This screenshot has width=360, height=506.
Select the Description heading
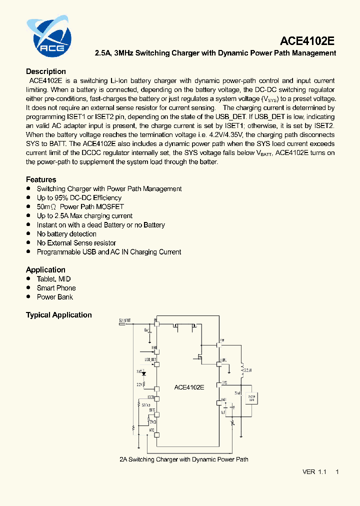click(x=46, y=71)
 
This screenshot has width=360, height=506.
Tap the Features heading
click(x=41, y=179)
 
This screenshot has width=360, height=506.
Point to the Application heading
click(x=45, y=270)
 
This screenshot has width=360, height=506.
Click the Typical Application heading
click(x=59, y=315)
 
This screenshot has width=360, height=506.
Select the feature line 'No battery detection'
click(x=66, y=234)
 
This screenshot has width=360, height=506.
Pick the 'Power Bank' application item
click(x=55, y=297)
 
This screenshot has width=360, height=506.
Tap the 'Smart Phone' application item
click(x=56, y=288)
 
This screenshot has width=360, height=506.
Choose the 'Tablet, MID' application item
click(x=54, y=279)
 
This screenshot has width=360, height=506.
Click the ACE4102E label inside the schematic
click(x=189, y=387)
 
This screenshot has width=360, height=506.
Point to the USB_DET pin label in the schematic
click(x=150, y=359)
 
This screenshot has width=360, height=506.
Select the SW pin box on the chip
click(x=219, y=344)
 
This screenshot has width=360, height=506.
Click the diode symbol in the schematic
click(x=144, y=373)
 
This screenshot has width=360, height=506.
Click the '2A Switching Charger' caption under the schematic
click(x=184, y=459)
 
